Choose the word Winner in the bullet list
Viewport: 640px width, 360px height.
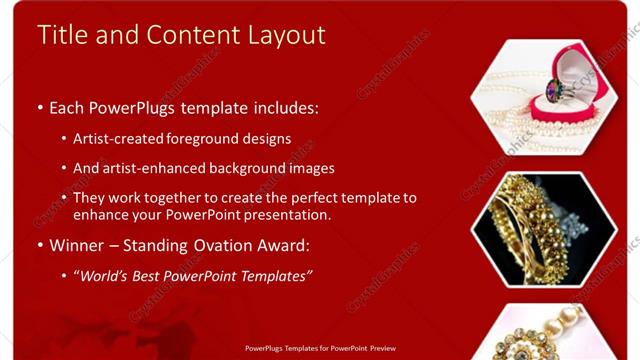coord(78,245)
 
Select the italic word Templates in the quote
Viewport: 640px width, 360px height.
coord(273,275)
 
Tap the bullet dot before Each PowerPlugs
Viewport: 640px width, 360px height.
coord(40,106)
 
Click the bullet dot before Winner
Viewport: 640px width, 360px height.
coord(40,246)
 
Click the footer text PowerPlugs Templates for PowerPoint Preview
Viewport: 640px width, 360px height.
coord(319,349)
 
